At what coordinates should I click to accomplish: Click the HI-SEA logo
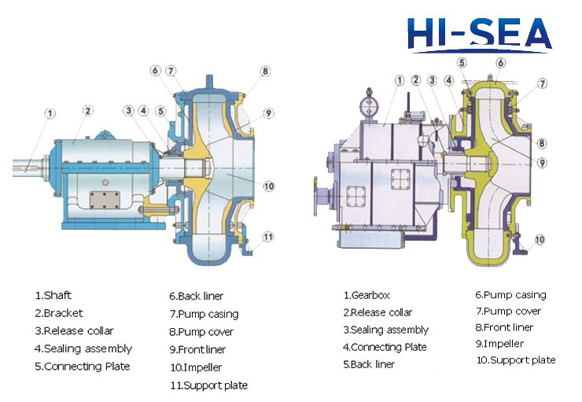(x=479, y=35)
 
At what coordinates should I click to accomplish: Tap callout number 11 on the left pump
(x=268, y=237)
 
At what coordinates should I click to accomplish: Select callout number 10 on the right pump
(x=540, y=239)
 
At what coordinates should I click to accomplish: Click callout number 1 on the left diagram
(x=50, y=113)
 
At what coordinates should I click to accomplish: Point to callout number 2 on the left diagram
(x=87, y=111)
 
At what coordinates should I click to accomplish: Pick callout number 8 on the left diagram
(x=265, y=71)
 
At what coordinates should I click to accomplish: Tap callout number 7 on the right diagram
(x=543, y=83)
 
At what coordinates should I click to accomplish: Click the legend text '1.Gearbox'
(x=367, y=296)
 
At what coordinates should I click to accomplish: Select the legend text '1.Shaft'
(x=53, y=296)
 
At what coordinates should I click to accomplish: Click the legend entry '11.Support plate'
(x=209, y=385)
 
